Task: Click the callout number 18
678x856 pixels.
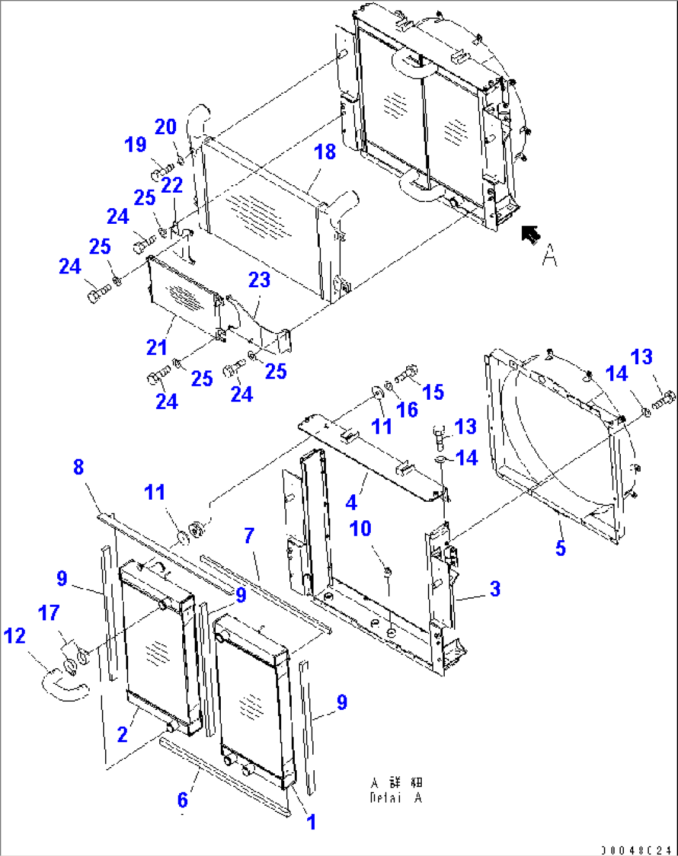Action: pos(325,152)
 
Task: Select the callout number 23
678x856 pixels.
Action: pos(259,280)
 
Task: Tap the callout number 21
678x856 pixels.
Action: pos(157,347)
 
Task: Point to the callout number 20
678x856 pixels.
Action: pos(165,127)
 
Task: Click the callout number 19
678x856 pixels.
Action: pos(136,144)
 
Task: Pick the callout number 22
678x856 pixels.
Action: pos(172,185)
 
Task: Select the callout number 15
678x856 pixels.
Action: pos(433,392)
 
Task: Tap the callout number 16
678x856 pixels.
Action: pos(407,409)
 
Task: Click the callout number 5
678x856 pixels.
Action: pos(560,548)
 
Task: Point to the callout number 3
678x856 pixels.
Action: pos(495,588)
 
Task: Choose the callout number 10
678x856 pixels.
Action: pos(360,528)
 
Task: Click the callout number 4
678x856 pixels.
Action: pos(351,502)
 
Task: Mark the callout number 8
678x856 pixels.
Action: pos(78,467)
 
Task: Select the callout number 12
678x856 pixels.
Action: pos(15,635)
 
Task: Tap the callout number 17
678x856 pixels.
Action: pos(49,613)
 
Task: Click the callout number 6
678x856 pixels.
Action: pos(182,799)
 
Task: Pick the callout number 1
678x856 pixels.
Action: pos(312,822)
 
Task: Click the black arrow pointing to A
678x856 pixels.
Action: pos(531,234)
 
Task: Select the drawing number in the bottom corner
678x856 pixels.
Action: pos(636,849)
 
